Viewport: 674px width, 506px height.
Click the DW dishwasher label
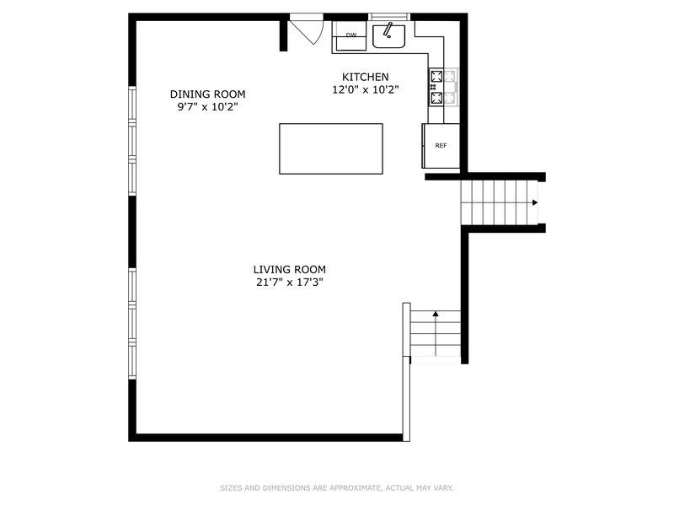(x=351, y=35)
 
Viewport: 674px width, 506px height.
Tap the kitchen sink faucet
(x=388, y=30)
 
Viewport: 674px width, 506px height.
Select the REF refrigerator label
(x=441, y=145)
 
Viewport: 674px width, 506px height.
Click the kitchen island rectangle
(x=331, y=149)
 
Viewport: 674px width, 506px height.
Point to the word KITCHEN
(x=366, y=77)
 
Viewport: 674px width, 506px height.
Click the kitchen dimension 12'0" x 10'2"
(x=366, y=90)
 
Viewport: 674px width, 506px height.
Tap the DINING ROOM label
(x=207, y=94)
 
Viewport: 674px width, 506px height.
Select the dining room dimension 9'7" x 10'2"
(x=207, y=107)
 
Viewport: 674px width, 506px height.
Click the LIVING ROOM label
(x=289, y=270)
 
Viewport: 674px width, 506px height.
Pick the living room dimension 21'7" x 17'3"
(x=289, y=283)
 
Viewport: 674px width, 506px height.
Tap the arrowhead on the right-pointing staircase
(x=535, y=202)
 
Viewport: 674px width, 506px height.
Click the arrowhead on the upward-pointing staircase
(x=436, y=314)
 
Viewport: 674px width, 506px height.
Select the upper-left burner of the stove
(x=436, y=77)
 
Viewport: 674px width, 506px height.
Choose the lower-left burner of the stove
(x=436, y=98)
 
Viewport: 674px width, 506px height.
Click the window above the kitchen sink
(x=389, y=17)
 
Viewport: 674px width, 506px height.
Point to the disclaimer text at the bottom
(x=337, y=488)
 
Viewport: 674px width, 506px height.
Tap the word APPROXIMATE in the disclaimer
(x=355, y=488)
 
